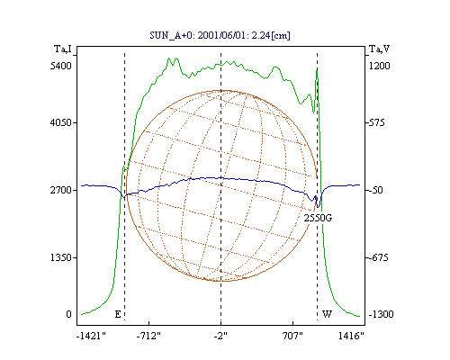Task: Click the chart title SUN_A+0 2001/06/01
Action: [220, 35]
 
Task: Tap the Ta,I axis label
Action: [63, 49]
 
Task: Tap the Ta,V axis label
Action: [379, 49]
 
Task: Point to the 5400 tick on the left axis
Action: [60, 66]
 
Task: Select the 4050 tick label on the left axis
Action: [60, 122]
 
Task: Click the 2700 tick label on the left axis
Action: [60, 190]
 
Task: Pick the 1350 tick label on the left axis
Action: [60, 257]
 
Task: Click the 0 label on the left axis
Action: [68, 314]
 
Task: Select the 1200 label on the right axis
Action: [379, 66]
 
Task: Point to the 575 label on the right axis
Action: [376, 122]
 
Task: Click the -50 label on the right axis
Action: [375, 190]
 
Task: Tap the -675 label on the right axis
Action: [377, 257]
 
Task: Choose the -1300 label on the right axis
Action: [381, 314]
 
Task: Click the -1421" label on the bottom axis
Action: [91, 336]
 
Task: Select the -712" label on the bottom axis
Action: [148, 336]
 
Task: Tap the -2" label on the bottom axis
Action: [220, 336]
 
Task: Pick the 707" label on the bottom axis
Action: [292, 336]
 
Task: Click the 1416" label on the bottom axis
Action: [351, 336]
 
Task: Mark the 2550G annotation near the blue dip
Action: [318, 218]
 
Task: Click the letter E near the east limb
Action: [118, 314]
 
